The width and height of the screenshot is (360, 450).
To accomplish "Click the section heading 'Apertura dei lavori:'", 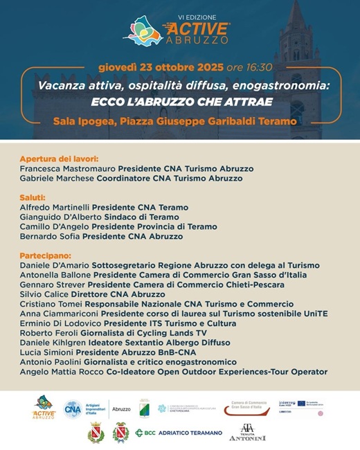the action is point(59,159).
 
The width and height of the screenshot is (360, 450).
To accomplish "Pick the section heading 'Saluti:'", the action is point(33,197).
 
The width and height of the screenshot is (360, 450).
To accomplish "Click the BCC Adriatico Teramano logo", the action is point(179,433).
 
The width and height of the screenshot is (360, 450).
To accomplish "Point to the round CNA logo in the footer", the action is point(73,409).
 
